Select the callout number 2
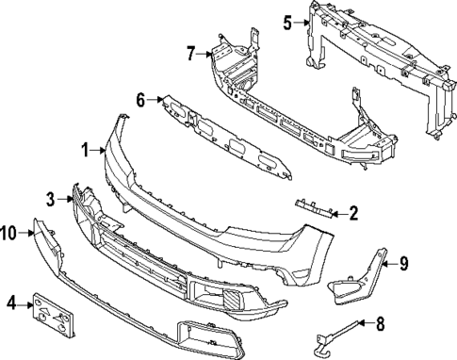point(352,213)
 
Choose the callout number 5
point(288,20)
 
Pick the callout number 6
point(140,99)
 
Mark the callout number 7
point(190,53)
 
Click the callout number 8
point(380,325)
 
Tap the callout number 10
point(9,232)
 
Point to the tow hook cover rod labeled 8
point(335,335)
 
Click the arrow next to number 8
point(366,326)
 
